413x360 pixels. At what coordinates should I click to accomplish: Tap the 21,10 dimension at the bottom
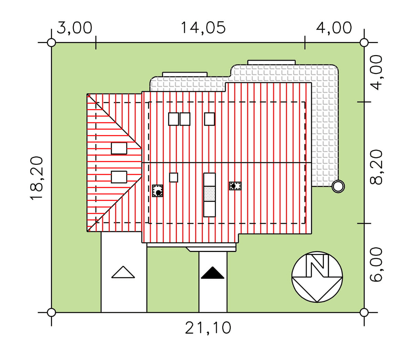pos(208,328)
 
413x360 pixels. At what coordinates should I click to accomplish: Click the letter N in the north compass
pos(317,265)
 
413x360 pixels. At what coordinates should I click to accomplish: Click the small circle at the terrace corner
pos(338,186)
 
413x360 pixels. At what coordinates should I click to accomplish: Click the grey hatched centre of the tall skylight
pos(209,194)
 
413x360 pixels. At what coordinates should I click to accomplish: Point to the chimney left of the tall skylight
pos(158,191)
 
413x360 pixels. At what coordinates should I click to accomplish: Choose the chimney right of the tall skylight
pos(235,186)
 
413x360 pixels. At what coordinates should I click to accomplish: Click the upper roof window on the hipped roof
pos(119,148)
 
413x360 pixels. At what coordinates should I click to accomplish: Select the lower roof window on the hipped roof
pos(119,177)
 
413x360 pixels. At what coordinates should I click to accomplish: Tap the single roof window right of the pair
pos(209,119)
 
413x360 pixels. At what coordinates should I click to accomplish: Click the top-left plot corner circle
pos(51,43)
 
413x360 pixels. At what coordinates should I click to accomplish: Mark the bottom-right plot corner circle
pos(364,313)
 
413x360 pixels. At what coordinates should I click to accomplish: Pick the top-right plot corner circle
pos(364,43)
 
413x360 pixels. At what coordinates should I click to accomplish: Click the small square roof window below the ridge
pos(173,177)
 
